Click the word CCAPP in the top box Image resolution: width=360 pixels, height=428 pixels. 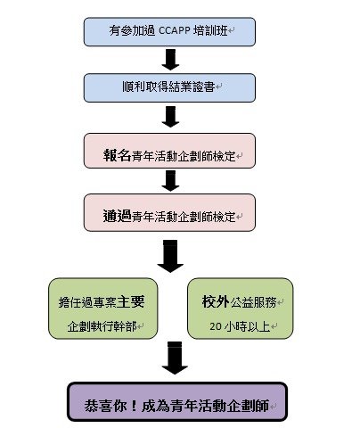[175, 30]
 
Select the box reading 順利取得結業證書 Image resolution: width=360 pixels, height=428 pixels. [169, 88]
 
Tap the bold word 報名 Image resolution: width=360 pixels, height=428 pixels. [117, 155]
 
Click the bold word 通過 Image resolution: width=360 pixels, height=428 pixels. [117, 216]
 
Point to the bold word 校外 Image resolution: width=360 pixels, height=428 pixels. [216, 301]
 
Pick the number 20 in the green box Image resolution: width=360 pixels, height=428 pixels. [216, 326]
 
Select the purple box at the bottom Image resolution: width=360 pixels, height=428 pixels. [177, 401]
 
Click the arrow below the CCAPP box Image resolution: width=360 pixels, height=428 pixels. [170, 60]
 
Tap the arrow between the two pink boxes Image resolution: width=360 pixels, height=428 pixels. [170, 181]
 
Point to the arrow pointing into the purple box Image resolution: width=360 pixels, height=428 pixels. [175, 358]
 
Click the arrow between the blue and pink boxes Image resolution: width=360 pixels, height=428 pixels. [170, 117]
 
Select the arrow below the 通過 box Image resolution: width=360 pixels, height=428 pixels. [170, 256]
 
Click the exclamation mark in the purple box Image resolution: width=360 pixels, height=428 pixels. [134, 406]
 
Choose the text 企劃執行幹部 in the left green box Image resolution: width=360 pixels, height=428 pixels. [102, 326]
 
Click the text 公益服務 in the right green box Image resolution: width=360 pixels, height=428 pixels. [253, 302]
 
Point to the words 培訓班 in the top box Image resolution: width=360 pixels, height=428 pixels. [210, 30]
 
